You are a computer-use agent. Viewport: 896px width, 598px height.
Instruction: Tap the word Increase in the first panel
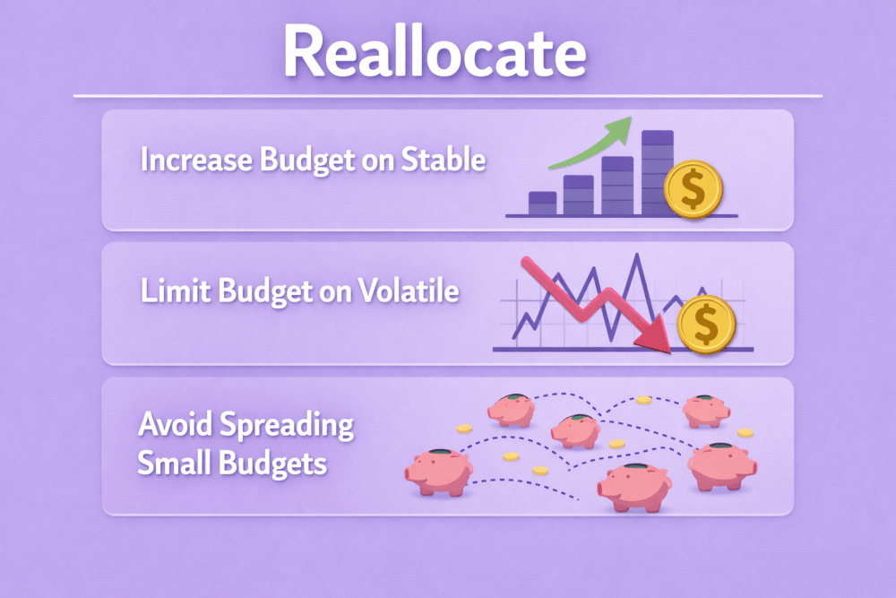pyautogui.click(x=196, y=160)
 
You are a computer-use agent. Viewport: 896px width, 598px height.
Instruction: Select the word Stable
pyautogui.click(x=444, y=159)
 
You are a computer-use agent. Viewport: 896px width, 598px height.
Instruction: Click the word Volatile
pyautogui.click(x=409, y=290)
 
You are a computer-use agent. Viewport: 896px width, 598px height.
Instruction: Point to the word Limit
pyautogui.click(x=177, y=290)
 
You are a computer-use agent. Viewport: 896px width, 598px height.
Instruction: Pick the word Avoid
pyautogui.click(x=176, y=424)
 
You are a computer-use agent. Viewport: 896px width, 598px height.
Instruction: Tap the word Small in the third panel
pyautogui.click(x=175, y=463)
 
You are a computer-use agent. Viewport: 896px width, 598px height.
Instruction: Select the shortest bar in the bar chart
pyautogui.click(x=542, y=203)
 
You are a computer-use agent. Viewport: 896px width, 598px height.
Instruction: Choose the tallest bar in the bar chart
pyautogui.click(x=657, y=173)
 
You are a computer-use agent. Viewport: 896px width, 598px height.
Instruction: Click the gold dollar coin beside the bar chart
pyautogui.click(x=694, y=189)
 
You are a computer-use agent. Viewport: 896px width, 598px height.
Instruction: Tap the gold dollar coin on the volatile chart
pyautogui.click(x=706, y=325)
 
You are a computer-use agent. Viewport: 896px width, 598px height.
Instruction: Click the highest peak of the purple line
pyautogui.click(x=637, y=255)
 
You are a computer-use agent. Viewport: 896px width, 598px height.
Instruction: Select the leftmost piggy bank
pyautogui.click(x=439, y=472)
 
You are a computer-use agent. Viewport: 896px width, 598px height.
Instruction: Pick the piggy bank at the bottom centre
pyautogui.click(x=634, y=487)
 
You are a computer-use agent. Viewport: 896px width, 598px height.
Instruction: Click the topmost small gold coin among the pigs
pyautogui.click(x=644, y=400)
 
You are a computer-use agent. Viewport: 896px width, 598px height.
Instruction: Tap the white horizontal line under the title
pyautogui.click(x=448, y=96)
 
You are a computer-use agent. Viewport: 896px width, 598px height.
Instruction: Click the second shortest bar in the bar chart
pyautogui.click(x=578, y=195)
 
